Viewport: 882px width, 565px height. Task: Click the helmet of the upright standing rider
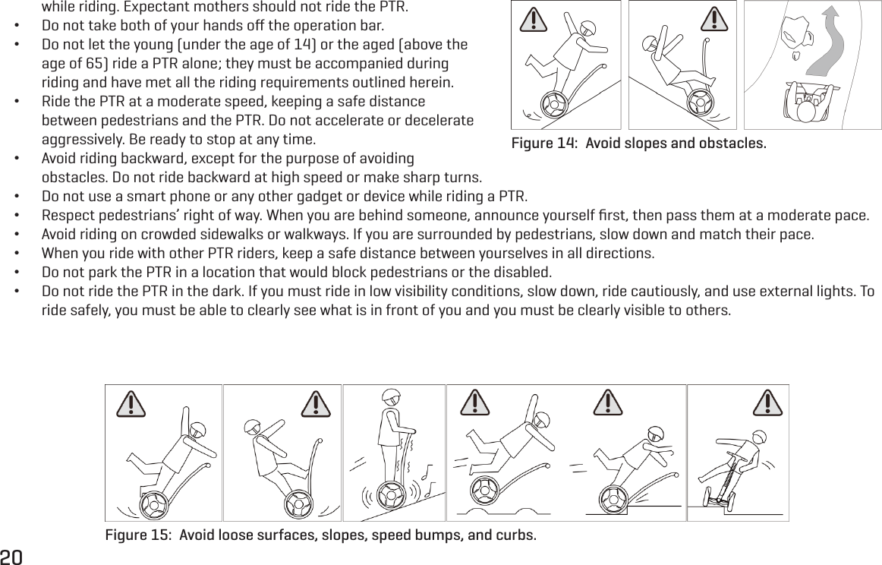390,397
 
